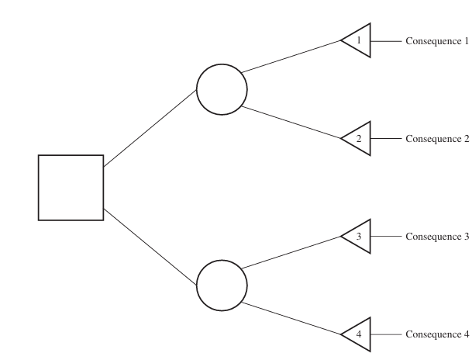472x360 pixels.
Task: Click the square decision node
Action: coord(71,187)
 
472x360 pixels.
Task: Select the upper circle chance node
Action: coord(222,90)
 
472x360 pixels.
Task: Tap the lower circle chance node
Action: coord(222,286)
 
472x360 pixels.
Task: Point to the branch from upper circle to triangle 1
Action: coord(291,57)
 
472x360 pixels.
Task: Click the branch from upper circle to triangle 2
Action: coord(291,122)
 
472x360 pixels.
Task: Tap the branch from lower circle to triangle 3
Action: coord(291,254)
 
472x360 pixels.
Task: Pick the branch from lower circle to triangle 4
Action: coord(291,318)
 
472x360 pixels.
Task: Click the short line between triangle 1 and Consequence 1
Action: coord(387,41)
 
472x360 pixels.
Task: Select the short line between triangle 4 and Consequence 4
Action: coord(387,334)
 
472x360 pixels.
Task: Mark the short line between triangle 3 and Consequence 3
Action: coord(387,237)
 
